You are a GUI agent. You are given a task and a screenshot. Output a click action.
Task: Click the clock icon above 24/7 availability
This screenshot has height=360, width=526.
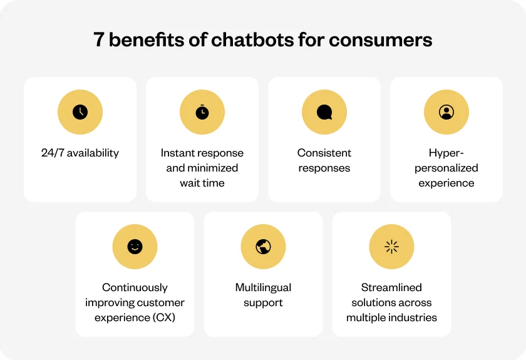[x=80, y=112]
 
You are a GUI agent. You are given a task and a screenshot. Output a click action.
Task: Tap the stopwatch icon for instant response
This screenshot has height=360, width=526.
[x=202, y=112]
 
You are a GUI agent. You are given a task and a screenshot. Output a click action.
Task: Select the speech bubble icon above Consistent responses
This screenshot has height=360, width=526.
[x=324, y=112]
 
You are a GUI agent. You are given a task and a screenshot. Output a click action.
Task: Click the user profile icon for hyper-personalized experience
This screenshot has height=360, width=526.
[x=446, y=112]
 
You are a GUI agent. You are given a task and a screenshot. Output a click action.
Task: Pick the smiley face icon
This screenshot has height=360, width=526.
[x=135, y=247]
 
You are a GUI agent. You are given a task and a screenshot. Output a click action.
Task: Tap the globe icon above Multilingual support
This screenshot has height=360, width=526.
[x=264, y=247]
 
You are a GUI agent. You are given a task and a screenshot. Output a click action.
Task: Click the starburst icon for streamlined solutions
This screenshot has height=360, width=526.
[x=391, y=247]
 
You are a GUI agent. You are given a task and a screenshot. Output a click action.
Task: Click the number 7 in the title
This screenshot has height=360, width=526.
[x=99, y=39]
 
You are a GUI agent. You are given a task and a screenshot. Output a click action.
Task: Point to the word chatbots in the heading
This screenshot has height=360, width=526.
[x=252, y=39]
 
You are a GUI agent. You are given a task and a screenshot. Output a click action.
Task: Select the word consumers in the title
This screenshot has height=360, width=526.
[x=381, y=40]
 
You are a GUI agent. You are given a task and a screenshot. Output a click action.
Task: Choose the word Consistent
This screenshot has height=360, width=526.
[x=324, y=153]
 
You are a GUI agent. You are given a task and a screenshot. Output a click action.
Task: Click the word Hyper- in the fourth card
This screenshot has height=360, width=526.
[x=446, y=153]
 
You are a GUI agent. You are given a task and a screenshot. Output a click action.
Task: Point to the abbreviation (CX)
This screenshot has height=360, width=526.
[x=163, y=317]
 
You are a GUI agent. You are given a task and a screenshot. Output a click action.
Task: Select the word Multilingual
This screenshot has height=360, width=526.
[x=264, y=287]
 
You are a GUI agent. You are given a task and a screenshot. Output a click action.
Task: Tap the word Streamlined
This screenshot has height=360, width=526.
[x=391, y=287]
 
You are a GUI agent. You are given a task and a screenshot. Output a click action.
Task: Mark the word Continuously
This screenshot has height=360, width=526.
[x=135, y=287]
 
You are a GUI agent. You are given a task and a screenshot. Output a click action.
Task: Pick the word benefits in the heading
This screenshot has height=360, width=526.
[x=147, y=39]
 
